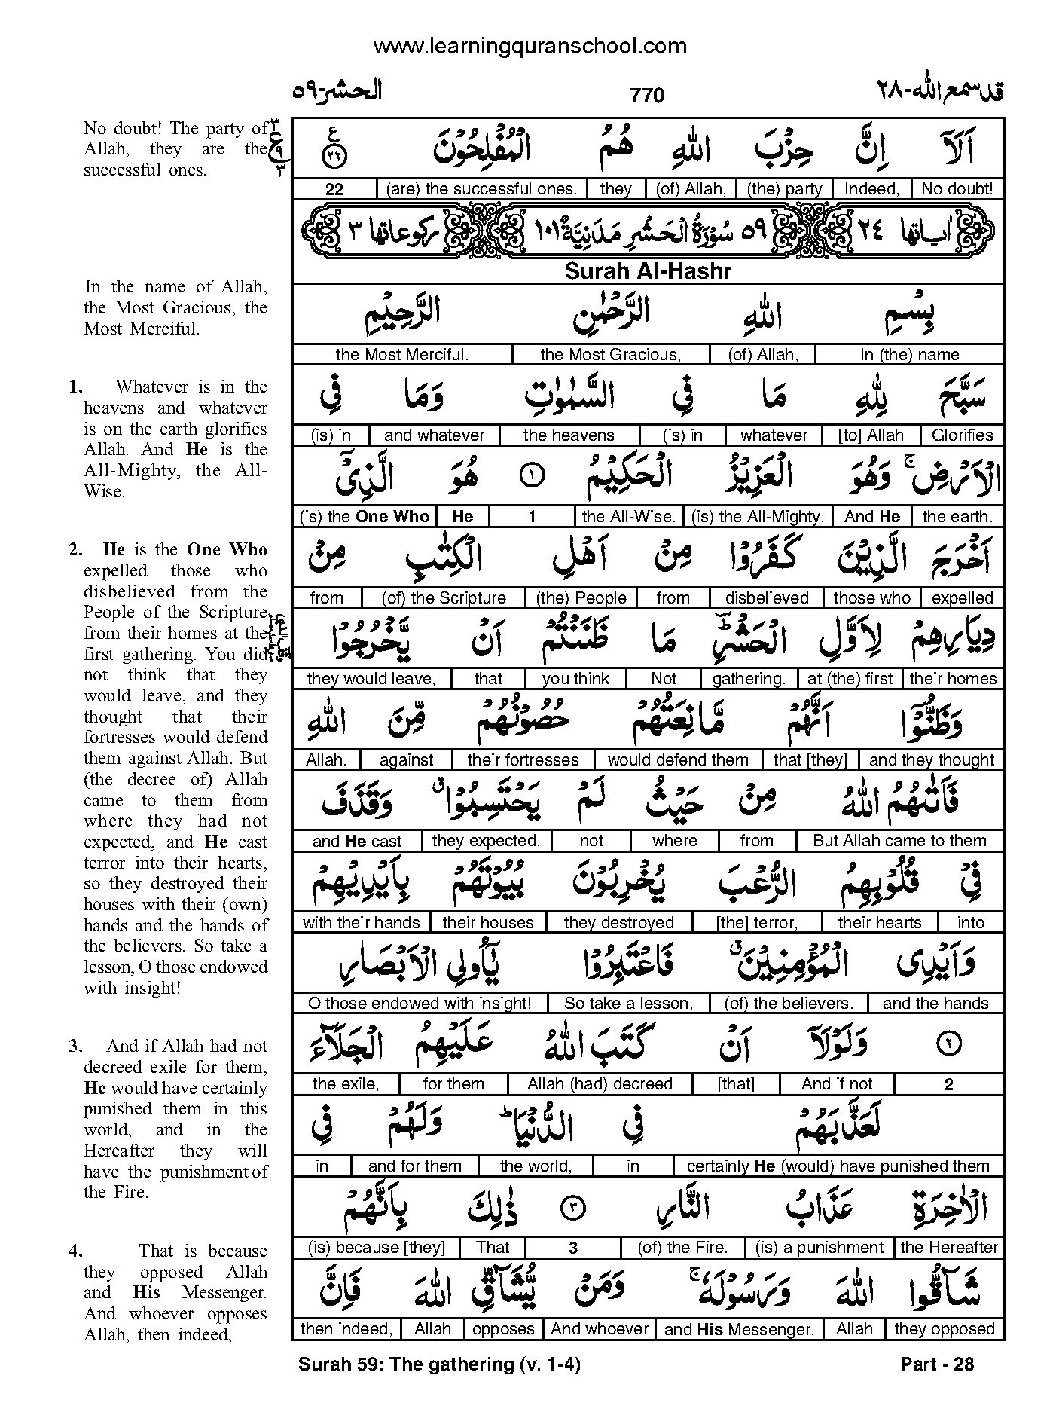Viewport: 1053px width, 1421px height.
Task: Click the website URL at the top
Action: (530, 47)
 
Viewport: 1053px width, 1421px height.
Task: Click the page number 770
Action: (646, 96)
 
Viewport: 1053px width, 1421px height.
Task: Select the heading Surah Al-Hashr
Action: (648, 271)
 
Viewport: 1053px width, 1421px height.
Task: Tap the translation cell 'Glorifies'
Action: (962, 435)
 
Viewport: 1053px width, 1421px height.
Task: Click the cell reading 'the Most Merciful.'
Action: (402, 355)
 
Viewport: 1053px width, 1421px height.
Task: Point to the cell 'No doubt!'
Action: (957, 189)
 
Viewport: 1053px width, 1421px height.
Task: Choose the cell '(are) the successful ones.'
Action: (481, 189)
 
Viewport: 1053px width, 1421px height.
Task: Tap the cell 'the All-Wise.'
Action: (628, 517)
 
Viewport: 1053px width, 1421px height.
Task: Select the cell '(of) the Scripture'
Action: (444, 598)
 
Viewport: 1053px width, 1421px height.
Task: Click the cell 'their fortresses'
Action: (523, 760)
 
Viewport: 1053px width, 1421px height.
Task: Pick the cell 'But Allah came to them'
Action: (899, 841)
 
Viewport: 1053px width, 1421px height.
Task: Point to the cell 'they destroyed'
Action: (618, 923)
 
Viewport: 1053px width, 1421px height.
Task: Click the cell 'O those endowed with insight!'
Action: (420, 1004)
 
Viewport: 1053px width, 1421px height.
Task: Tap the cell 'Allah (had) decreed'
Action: (600, 1084)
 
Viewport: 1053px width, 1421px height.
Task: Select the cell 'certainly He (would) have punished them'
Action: (838, 1166)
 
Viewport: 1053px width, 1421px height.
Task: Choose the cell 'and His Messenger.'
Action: (739, 1330)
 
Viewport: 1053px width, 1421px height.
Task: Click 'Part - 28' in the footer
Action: (937, 1364)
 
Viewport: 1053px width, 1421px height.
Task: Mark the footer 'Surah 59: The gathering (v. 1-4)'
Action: (439, 1364)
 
